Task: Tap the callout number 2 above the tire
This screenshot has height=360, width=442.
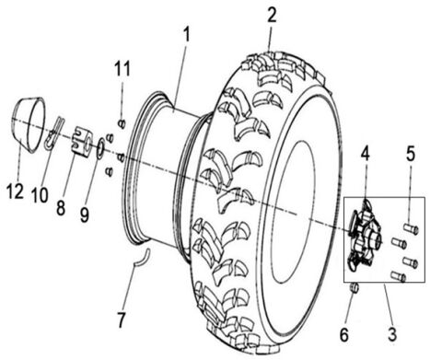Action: (x=270, y=14)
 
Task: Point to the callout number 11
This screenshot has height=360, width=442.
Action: (x=122, y=68)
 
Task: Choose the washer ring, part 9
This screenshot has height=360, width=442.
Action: (x=97, y=147)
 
